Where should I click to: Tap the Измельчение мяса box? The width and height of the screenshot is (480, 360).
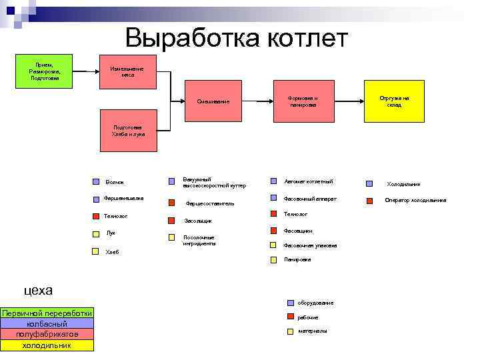127,71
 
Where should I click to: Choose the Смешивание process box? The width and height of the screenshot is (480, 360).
213,101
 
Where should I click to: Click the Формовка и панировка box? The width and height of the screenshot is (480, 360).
303,101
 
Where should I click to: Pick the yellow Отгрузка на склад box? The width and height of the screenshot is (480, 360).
394,101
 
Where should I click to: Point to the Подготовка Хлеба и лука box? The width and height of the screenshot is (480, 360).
127,130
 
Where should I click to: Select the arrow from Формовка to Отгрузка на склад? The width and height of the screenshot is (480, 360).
348,101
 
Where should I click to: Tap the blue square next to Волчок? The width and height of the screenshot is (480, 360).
95,181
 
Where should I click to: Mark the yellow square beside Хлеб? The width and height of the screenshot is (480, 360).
95,251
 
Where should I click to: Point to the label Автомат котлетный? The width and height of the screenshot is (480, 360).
308,181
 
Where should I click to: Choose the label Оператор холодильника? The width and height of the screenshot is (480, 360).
415,200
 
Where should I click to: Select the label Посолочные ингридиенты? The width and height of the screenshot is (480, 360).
199,240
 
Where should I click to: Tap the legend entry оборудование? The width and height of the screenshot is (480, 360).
315,303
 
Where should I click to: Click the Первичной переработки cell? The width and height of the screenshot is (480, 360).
47,313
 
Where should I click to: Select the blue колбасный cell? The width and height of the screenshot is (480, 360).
47,323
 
